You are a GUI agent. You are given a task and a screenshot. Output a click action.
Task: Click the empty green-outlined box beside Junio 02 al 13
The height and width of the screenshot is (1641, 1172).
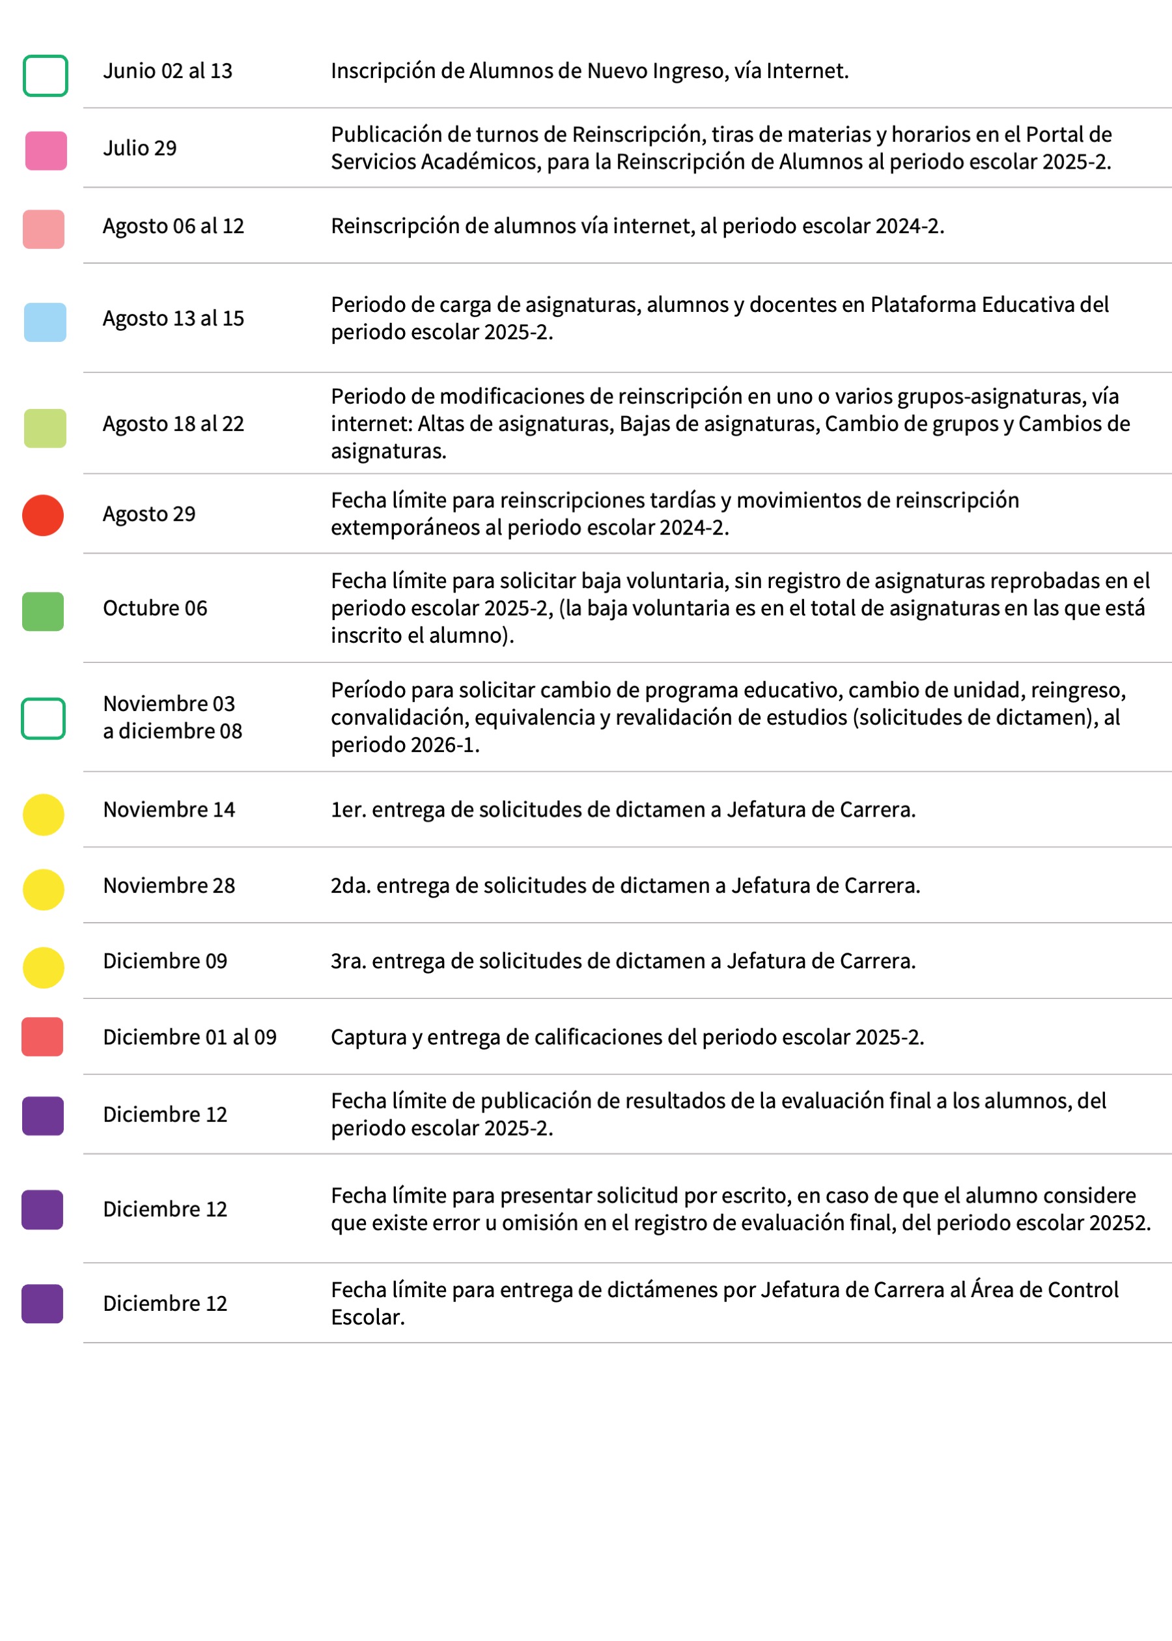[46, 76]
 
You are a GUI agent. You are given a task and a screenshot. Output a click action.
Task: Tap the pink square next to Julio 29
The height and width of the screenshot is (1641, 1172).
[46, 151]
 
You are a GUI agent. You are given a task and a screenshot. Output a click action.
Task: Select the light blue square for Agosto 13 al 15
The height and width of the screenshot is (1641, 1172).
[45, 322]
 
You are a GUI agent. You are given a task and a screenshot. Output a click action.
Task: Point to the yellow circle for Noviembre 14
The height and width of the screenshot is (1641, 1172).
[44, 815]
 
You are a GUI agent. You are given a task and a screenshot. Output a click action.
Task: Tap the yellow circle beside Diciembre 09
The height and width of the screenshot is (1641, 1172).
[44, 967]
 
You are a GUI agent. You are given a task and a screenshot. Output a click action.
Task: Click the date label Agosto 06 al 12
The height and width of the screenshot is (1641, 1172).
[173, 227]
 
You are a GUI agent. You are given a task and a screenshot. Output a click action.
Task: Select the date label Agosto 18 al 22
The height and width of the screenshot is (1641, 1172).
[173, 425]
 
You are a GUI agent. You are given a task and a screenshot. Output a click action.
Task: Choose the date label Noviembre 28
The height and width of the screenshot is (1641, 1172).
[169, 886]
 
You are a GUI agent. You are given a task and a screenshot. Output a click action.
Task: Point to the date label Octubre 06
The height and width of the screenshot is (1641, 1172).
[155, 608]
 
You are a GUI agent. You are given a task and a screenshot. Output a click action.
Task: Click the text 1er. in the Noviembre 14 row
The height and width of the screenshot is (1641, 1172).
[348, 809]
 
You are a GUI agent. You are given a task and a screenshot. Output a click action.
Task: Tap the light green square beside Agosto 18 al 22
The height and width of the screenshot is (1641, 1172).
[45, 428]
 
